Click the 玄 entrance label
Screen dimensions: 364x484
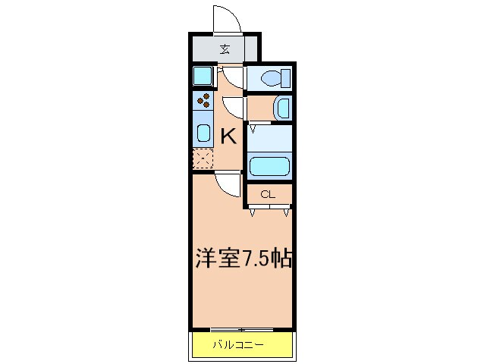225,50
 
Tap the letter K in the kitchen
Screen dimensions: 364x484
228,136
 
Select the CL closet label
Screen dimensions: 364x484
267,195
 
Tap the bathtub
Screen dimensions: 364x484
270,165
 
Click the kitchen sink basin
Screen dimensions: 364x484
203,133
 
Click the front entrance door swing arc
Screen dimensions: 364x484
226,19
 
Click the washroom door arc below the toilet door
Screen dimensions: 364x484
234,108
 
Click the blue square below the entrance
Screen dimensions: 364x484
202,77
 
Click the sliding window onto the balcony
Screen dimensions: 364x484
241,329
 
